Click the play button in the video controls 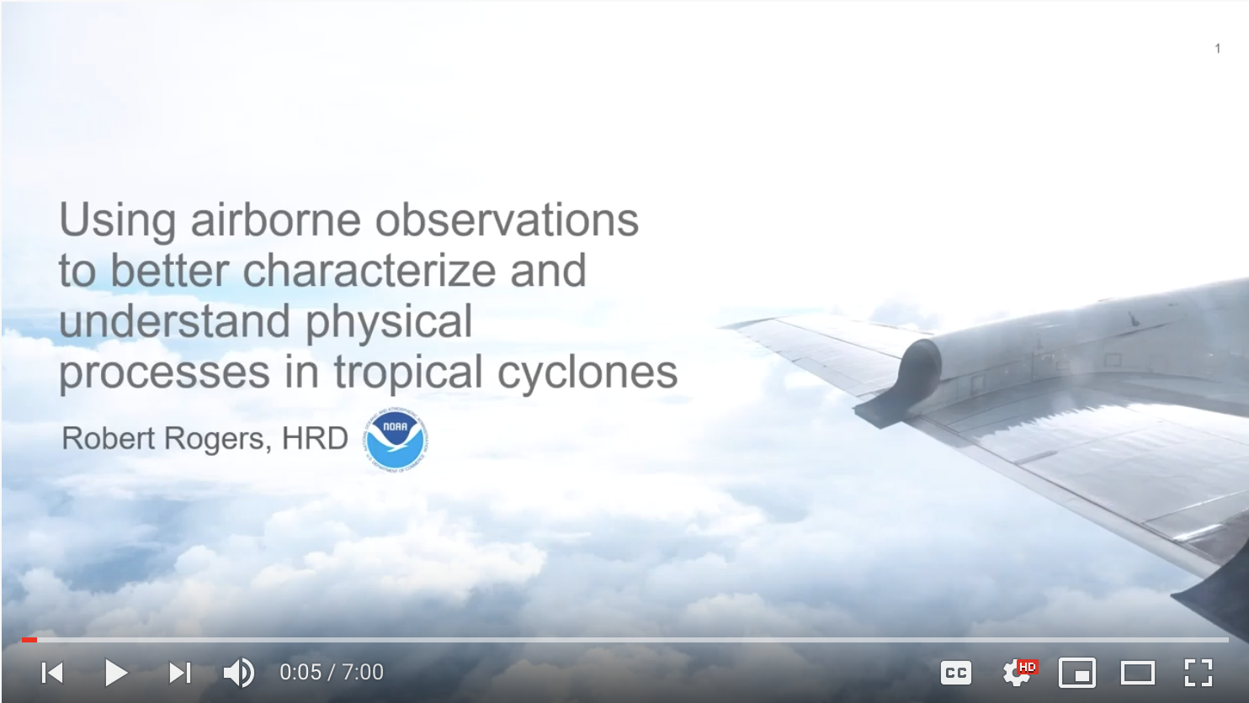pyautogui.click(x=116, y=673)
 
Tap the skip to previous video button pyautogui.click(x=52, y=673)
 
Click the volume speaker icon pyautogui.click(x=239, y=673)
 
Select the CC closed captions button pyautogui.click(x=956, y=673)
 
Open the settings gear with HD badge pyautogui.click(x=1018, y=673)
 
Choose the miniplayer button pyautogui.click(x=1077, y=673)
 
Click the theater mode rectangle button pyautogui.click(x=1138, y=673)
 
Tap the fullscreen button pyautogui.click(x=1199, y=673)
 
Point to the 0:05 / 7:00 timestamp pyautogui.click(x=332, y=673)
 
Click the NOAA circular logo pyautogui.click(x=396, y=440)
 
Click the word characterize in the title pyautogui.click(x=369, y=271)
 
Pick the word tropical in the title pyautogui.click(x=407, y=373)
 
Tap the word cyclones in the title pyautogui.click(x=587, y=373)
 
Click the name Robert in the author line pyautogui.click(x=109, y=438)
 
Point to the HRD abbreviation pyautogui.click(x=315, y=438)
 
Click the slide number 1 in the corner pyautogui.click(x=1218, y=49)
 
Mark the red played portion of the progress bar pyautogui.click(x=29, y=640)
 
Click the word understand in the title pyautogui.click(x=175, y=321)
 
